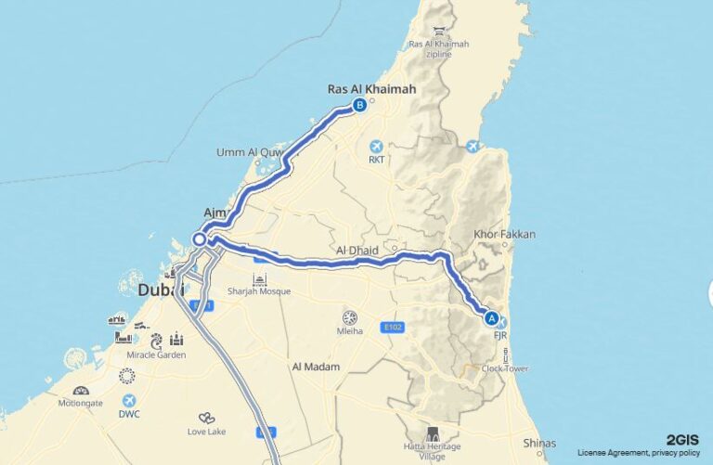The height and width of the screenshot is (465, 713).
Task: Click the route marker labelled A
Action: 491,318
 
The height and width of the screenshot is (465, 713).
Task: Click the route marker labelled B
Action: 359,106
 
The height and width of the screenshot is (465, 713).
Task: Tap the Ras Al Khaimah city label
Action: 371,89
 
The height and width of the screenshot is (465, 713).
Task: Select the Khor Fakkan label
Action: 504,235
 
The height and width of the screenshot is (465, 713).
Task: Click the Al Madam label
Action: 315,367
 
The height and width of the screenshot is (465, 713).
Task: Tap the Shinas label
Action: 539,443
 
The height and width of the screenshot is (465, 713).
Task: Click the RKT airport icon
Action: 376,147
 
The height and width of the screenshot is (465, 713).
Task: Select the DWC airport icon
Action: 130,400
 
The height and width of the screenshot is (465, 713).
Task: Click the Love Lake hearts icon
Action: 206,419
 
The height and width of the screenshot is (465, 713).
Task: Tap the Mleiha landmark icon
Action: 350,317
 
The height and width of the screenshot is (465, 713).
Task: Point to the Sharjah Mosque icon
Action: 259,279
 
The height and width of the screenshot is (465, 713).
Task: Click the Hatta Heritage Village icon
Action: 432,434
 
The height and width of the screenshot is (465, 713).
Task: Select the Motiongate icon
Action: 81,391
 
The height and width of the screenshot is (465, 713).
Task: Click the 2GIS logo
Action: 681,440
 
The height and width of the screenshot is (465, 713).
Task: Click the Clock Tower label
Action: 505,368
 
